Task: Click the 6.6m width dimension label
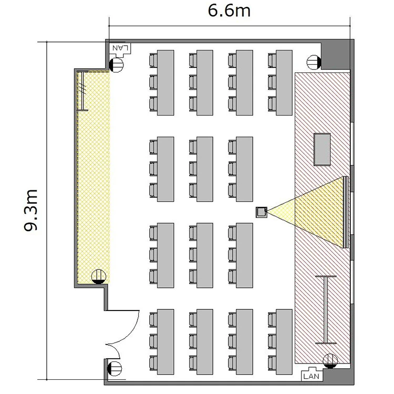(229, 11)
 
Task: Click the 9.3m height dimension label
(31, 210)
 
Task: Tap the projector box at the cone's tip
(261, 212)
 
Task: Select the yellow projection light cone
(312, 212)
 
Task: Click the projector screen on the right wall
(346, 212)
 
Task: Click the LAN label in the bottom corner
(311, 376)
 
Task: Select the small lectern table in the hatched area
(322, 150)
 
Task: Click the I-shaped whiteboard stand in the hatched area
(326, 309)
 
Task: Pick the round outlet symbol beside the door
(115, 369)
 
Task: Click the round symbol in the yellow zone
(99, 277)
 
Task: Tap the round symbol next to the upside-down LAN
(116, 65)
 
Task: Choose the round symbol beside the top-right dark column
(314, 62)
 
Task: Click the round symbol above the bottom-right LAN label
(330, 361)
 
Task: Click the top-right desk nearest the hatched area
(284, 82)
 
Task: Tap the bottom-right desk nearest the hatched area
(284, 342)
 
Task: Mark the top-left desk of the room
(165, 82)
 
